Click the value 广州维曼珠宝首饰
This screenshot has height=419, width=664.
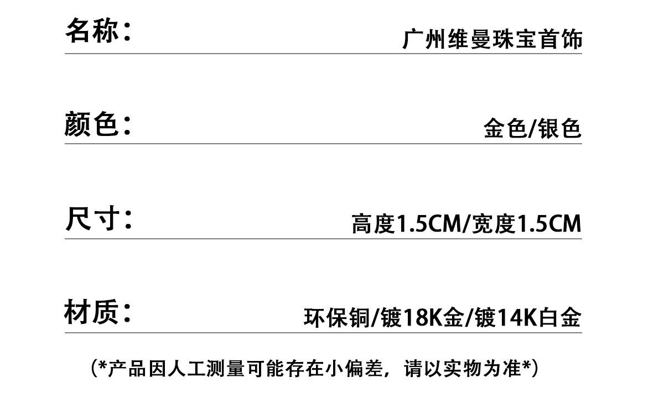coord(492,40)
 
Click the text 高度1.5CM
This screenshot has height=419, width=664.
coord(406,224)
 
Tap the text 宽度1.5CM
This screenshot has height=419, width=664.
coord(526,224)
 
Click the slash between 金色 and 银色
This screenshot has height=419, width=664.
coord(532,129)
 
